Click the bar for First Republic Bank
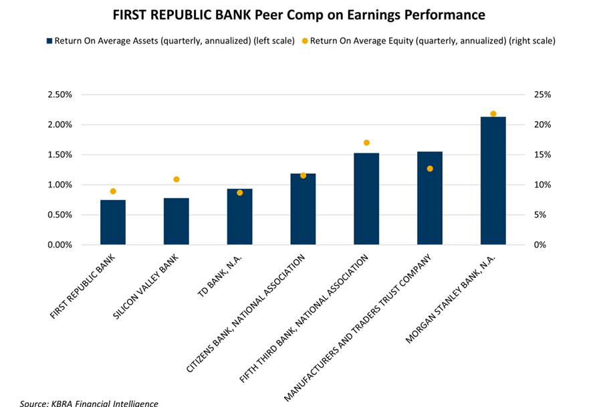click(113, 222)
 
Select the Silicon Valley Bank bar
click(176, 222)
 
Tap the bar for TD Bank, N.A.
click(239, 217)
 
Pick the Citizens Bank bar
click(303, 209)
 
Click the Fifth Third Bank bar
click(366, 199)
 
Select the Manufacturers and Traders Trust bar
click(429, 198)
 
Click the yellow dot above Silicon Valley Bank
click(176, 179)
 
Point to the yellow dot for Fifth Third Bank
click(366, 143)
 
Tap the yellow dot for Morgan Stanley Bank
click(493, 114)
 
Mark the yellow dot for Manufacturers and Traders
click(430, 169)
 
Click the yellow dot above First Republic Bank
click(113, 191)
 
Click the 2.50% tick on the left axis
click(59, 94)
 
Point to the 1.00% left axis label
click(59, 185)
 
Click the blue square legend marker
click(49, 41)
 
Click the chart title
click(297, 14)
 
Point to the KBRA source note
click(89, 403)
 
